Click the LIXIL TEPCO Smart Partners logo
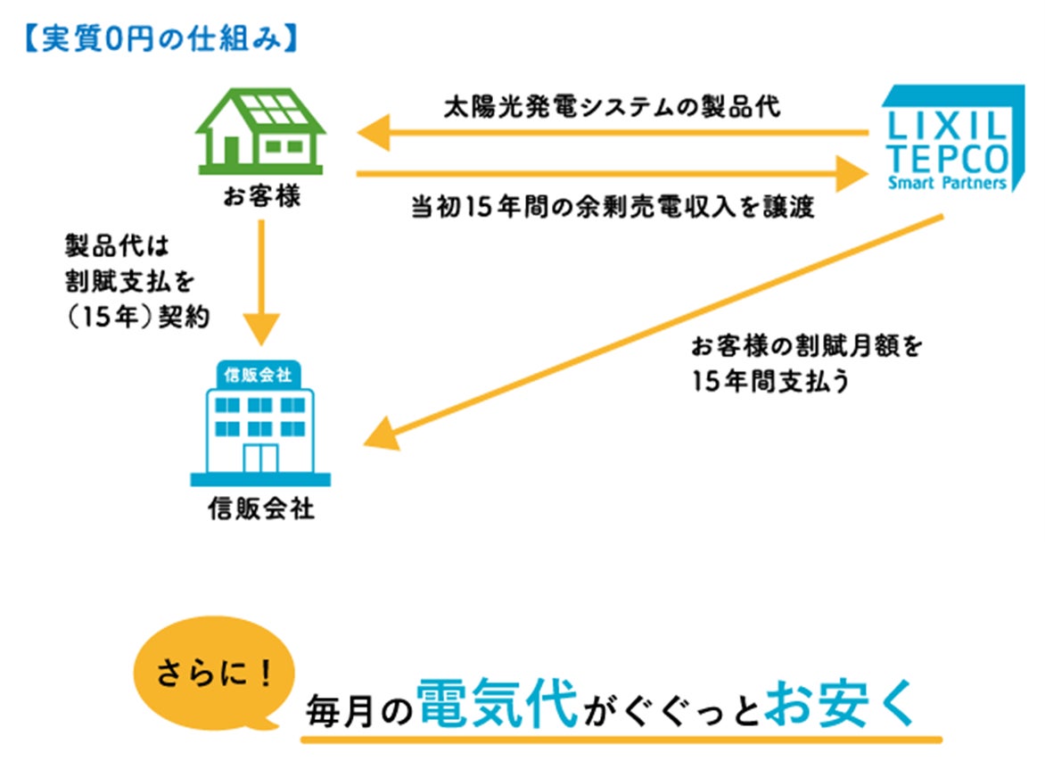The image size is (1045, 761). [x=946, y=138]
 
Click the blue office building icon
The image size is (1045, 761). [x=259, y=424]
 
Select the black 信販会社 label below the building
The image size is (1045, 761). [x=261, y=509]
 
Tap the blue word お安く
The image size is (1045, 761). [x=840, y=703]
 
